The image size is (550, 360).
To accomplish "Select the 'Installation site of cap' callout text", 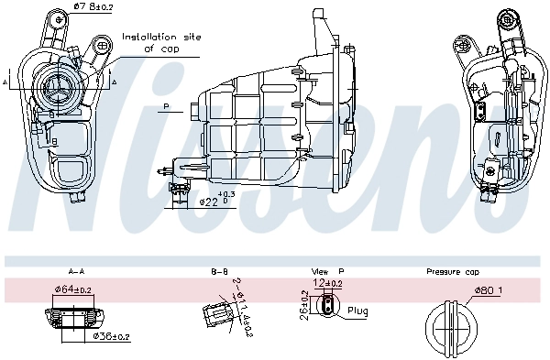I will pyautogui.click(x=161, y=42).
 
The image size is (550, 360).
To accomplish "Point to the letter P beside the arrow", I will pyautogui.click(x=168, y=107).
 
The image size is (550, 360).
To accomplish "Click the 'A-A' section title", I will pyautogui.click(x=76, y=272).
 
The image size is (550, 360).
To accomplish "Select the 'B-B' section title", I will pyautogui.click(x=219, y=272).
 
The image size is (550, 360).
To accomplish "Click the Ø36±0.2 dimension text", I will pyautogui.click(x=111, y=336).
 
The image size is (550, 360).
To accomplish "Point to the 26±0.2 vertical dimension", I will pyautogui.click(x=304, y=306).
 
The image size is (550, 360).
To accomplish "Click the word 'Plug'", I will pyautogui.click(x=358, y=311).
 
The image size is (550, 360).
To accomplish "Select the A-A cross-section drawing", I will pyautogui.click(x=71, y=318).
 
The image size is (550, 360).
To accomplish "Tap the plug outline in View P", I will pyautogui.click(x=325, y=308).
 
